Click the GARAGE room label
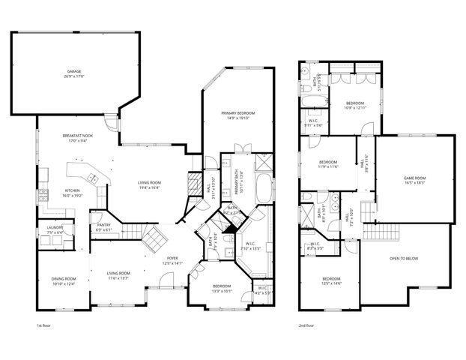[73, 71]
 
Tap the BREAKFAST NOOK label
[77, 135]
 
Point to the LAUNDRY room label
[54, 227]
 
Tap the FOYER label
[172, 258]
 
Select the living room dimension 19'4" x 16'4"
[151, 187]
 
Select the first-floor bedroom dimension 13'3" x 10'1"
[222, 290]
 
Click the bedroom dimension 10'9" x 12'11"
[355, 107]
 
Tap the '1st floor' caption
[44, 326]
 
